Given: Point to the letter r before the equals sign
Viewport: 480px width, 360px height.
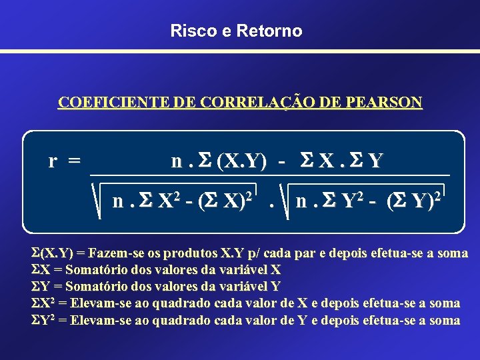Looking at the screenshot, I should pos(53,161).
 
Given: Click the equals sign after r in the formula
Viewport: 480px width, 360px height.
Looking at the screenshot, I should pos(75,161).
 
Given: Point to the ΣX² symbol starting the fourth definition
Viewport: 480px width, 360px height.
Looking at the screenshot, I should pos(43,303).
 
